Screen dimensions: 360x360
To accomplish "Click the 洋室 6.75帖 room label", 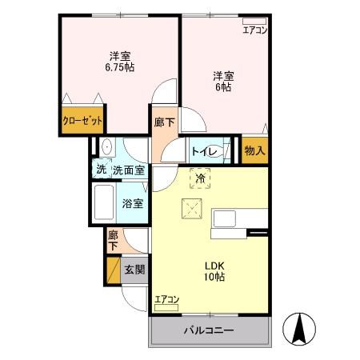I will (x=120, y=62).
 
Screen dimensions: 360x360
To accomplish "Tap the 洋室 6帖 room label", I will (x=222, y=82).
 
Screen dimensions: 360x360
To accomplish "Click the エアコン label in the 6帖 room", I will (x=255, y=30).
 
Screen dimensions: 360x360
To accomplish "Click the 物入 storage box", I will (x=254, y=150).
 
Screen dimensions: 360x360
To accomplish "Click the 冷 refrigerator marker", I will (x=201, y=178).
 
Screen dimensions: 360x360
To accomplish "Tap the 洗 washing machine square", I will (x=101, y=170).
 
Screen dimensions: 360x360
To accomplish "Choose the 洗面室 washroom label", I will (x=128, y=170).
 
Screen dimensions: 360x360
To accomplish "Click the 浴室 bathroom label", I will (x=133, y=203).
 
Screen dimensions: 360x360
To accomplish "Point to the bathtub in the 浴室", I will (x=105, y=204).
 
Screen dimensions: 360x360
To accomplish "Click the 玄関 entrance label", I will (x=134, y=270).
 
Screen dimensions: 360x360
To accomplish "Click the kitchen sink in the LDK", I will (x=223, y=218).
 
